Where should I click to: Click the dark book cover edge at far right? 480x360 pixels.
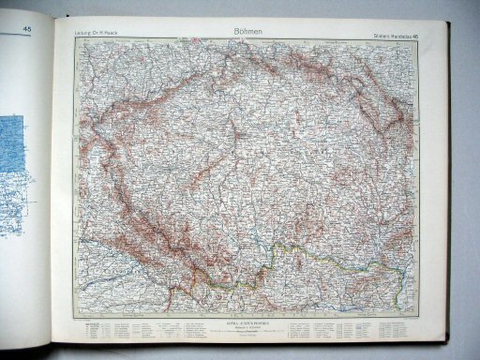(x=469, y=187)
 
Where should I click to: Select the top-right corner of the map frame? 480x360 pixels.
(x=419, y=41)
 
